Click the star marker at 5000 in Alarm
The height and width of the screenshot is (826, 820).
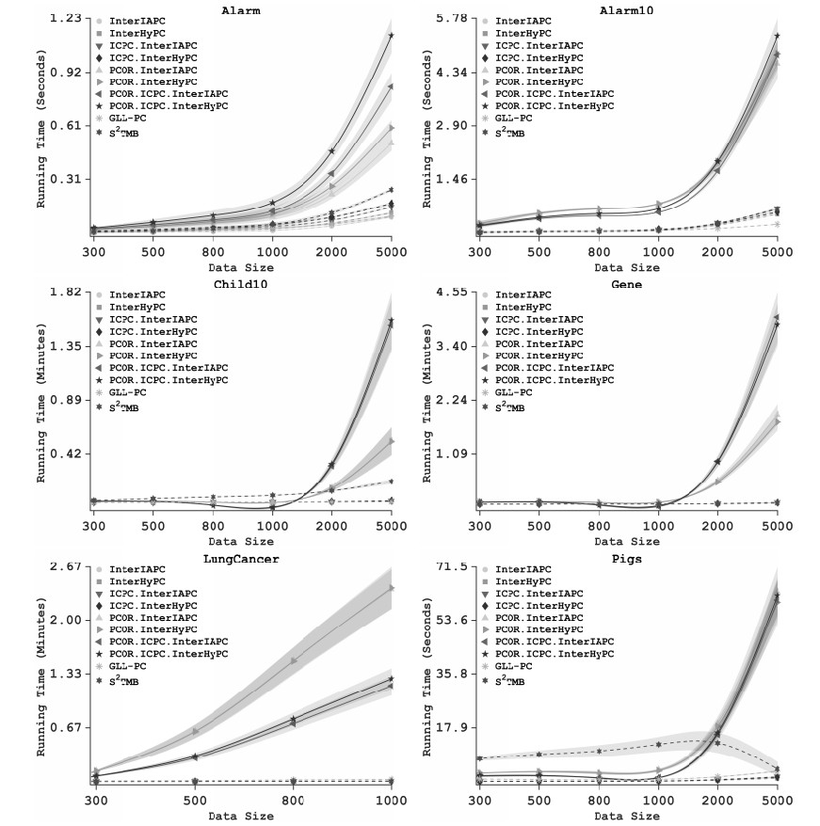pyautogui.click(x=391, y=36)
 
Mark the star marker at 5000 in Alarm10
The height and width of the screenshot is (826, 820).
pyautogui.click(x=777, y=36)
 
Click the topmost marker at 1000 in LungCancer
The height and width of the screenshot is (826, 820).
pyautogui.click(x=391, y=588)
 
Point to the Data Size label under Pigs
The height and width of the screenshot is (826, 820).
pyautogui.click(x=628, y=817)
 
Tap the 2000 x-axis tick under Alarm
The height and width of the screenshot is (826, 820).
pyautogui.click(x=331, y=252)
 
